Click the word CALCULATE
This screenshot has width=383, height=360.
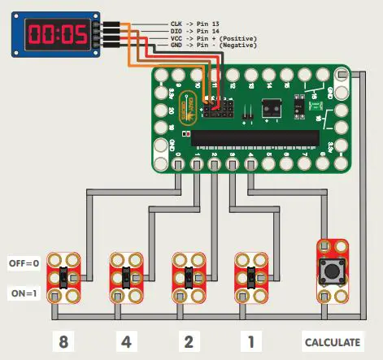(332, 341)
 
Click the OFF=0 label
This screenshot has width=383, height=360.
(24, 264)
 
